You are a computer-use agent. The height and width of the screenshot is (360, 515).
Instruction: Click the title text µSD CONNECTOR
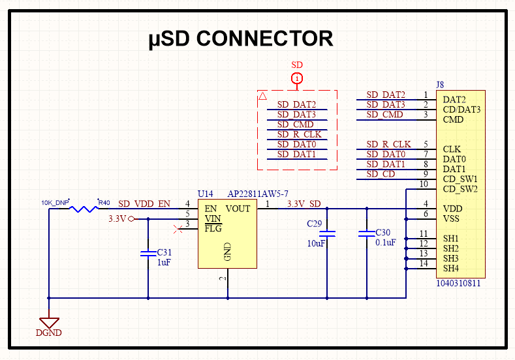[241, 39]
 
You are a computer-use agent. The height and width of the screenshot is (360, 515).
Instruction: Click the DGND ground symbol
[49, 323]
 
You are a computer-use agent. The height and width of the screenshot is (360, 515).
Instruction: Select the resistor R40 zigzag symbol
[84, 209]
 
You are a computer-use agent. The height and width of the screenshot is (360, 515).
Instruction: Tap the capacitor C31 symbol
[148, 252]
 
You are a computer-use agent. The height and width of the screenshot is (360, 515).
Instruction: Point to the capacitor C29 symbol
[327, 233]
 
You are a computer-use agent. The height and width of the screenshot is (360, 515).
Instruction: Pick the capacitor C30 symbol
[367, 233]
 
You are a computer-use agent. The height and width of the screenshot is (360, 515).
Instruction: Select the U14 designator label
[205, 194]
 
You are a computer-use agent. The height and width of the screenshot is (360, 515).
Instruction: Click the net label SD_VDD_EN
[144, 203]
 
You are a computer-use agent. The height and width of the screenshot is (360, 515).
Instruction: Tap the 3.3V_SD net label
[304, 203]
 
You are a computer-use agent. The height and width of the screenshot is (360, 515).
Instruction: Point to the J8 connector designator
[439, 85]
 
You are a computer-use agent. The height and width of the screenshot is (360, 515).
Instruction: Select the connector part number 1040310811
[458, 284]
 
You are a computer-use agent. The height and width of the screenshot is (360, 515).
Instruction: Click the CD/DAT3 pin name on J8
[461, 110]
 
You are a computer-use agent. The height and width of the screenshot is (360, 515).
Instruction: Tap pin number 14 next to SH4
[423, 263]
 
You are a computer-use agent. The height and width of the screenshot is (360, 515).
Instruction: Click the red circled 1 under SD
[297, 79]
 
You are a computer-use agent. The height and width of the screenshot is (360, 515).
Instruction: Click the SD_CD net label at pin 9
[381, 174]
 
